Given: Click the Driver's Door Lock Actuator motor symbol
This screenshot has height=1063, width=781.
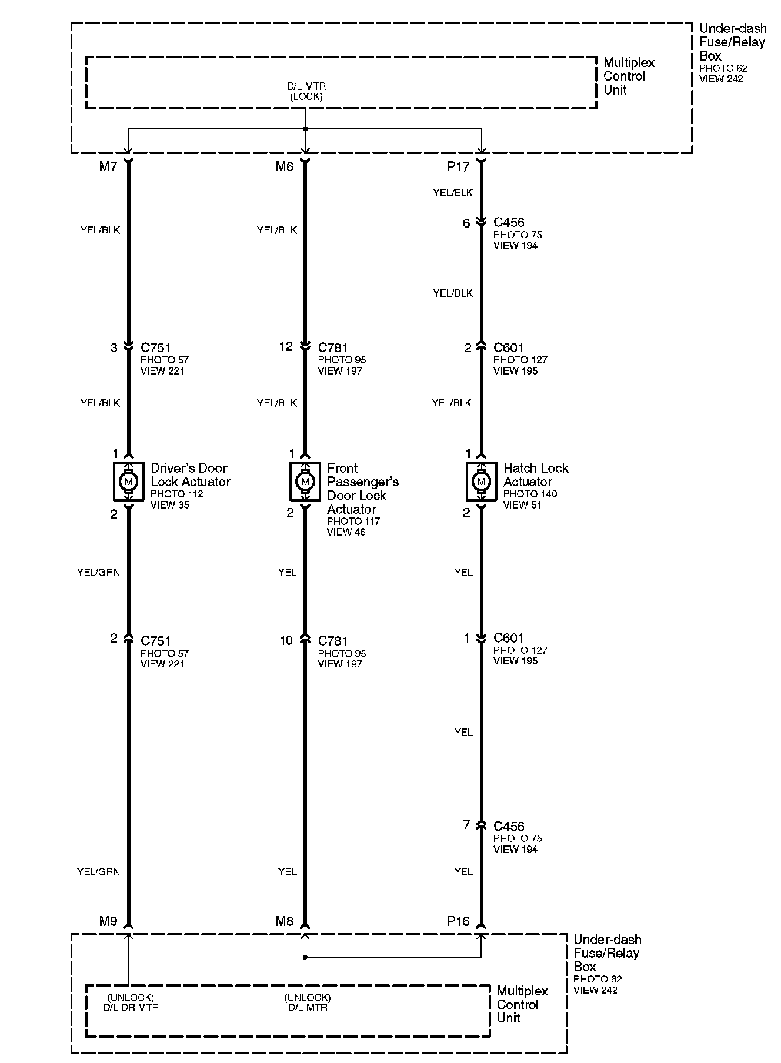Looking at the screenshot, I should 128,482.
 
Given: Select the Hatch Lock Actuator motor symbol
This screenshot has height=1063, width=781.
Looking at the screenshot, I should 482,482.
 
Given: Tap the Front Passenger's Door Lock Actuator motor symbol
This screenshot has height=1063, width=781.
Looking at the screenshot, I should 305,482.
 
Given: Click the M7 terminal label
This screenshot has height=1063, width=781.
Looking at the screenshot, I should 108,167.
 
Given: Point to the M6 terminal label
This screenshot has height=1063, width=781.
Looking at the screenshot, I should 284,167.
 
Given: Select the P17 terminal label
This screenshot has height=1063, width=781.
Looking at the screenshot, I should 458,167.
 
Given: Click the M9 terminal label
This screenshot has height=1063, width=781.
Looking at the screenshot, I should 108,921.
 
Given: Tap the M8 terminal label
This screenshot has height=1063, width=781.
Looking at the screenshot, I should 284,921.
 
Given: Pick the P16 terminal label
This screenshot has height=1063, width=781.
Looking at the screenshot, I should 458,921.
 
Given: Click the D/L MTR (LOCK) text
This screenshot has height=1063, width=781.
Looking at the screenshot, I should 306,92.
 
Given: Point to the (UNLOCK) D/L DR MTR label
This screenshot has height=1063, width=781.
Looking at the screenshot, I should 131,1002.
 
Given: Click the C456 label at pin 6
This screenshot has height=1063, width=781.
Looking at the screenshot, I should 509,222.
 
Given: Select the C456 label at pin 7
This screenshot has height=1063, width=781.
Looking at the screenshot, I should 509,826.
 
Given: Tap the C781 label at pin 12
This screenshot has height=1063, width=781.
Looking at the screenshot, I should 333,347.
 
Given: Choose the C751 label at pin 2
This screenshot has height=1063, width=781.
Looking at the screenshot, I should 156,641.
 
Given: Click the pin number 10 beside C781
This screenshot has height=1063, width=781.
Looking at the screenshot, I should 286,640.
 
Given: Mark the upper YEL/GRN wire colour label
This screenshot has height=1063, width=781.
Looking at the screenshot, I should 98,572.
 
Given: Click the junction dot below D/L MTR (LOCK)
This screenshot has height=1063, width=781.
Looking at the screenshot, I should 305,129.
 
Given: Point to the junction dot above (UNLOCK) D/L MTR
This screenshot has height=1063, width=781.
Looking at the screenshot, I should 305,958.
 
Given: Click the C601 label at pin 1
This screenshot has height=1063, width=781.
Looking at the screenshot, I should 509,638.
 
